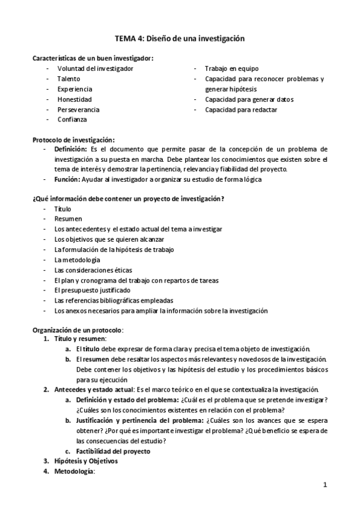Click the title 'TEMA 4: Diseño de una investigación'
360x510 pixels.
[x=180, y=38]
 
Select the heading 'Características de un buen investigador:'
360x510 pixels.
[x=92, y=58]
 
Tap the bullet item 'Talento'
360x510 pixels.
[x=70, y=79]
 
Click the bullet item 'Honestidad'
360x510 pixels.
[x=75, y=99]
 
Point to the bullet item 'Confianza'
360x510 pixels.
[x=72, y=120]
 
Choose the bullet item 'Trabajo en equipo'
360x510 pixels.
[x=232, y=69]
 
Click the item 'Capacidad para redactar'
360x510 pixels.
[x=241, y=109]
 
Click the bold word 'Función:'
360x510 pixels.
[x=67, y=179]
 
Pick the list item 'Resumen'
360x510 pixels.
[x=68, y=219]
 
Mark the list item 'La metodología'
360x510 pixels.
[x=77, y=260]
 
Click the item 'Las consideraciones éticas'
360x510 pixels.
[x=93, y=270]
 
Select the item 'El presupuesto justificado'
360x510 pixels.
[x=92, y=290]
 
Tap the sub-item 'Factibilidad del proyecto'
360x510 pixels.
[x=112, y=451]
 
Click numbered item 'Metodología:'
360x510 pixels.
[x=75, y=472]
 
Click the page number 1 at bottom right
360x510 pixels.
[x=325, y=485]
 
